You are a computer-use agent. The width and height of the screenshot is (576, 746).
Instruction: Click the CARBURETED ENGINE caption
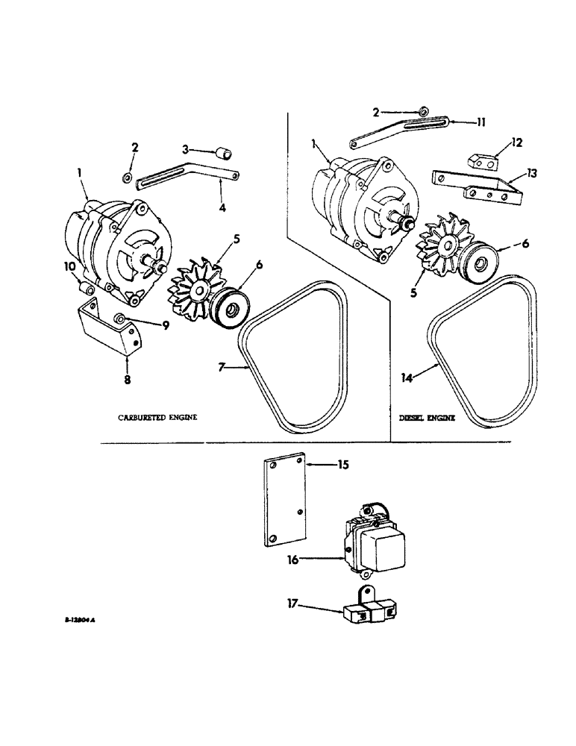point(157,418)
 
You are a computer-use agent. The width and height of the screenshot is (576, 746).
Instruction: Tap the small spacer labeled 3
point(222,155)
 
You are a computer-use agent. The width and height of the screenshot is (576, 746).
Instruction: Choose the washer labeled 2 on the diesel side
point(423,113)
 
